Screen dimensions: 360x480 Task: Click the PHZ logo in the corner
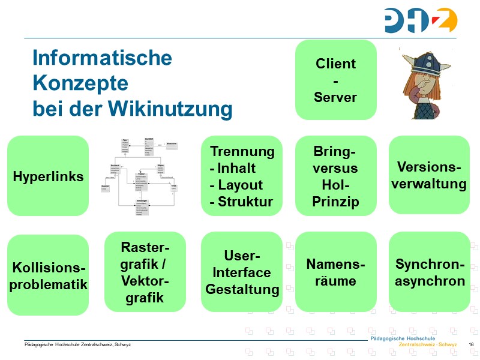pyautogui.click(x=420, y=20)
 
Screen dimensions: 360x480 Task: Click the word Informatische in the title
pyautogui.click(x=102, y=58)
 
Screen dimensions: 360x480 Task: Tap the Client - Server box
pyautogui.click(x=335, y=80)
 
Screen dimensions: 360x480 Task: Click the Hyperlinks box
pyautogui.click(x=48, y=176)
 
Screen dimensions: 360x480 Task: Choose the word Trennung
pyautogui.click(x=242, y=151)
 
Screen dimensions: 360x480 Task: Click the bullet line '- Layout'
pyautogui.click(x=236, y=185)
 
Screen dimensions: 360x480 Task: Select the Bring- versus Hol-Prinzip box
pyautogui.click(x=335, y=176)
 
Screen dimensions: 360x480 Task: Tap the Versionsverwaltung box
pyautogui.click(x=429, y=175)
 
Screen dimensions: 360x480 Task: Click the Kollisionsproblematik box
pyautogui.click(x=48, y=275)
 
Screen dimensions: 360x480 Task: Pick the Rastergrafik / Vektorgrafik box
pyautogui.click(x=145, y=272)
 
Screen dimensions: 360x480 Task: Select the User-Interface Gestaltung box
pyautogui.click(x=242, y=272)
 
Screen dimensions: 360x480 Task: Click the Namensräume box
pyautogui.click(x=335, y=272)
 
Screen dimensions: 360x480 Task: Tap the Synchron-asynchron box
pyautogui.click(x=430, y=272)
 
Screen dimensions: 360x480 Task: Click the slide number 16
pyautogui.click(x=471, y=344)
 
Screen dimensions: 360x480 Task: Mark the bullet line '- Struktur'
pyautogui.click(x=241, y=202)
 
